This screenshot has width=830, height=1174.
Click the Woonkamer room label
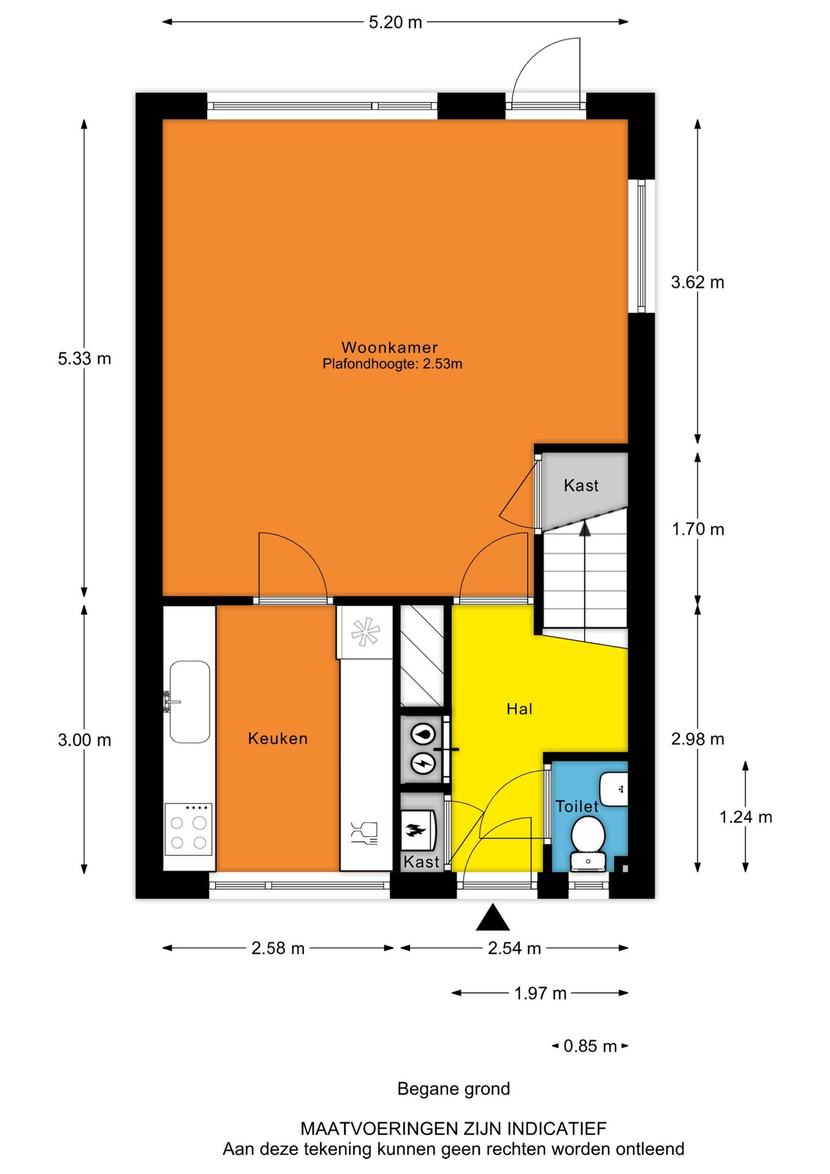point(389,347)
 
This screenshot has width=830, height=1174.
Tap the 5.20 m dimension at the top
point(395,23)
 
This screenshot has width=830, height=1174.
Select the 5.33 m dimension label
point(84,358)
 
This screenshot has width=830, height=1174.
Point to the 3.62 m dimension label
point(697,282)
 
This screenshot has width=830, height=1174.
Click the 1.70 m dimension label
point(698,529)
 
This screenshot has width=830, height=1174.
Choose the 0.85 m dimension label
point(590,1046)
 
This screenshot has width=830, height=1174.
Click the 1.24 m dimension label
point(746,817)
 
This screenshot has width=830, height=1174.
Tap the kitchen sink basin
point(190,701)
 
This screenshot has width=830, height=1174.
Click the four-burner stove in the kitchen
point(188,829)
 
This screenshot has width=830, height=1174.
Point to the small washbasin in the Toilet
point(614,789)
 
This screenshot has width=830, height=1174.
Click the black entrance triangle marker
point(493,918)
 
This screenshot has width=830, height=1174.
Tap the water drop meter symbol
point(422,734)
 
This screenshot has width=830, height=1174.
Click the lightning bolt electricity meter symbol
point(422,762)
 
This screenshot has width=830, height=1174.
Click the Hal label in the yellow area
point(519,709)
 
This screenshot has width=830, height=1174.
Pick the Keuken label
point(277,739)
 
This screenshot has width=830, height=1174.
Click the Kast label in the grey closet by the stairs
point(581,485)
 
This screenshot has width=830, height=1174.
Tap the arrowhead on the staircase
point(585,529)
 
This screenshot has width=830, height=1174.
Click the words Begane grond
point(453,1089)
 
